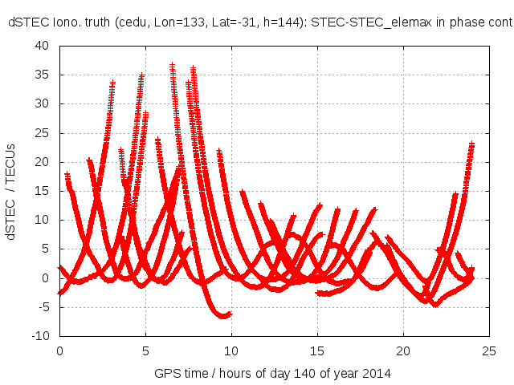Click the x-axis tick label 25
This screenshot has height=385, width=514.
[490, 351]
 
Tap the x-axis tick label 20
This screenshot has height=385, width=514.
[404, 351]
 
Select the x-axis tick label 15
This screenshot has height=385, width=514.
[318, 351]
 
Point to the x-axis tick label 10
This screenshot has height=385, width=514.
[231, 351]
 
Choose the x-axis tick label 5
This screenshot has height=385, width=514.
[145, 351]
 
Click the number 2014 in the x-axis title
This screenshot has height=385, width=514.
[377, 375]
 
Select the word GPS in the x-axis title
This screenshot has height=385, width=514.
[166, 375]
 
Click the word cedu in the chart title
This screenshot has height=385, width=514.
[145, 24]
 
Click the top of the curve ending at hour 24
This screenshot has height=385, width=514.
[472, 144]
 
